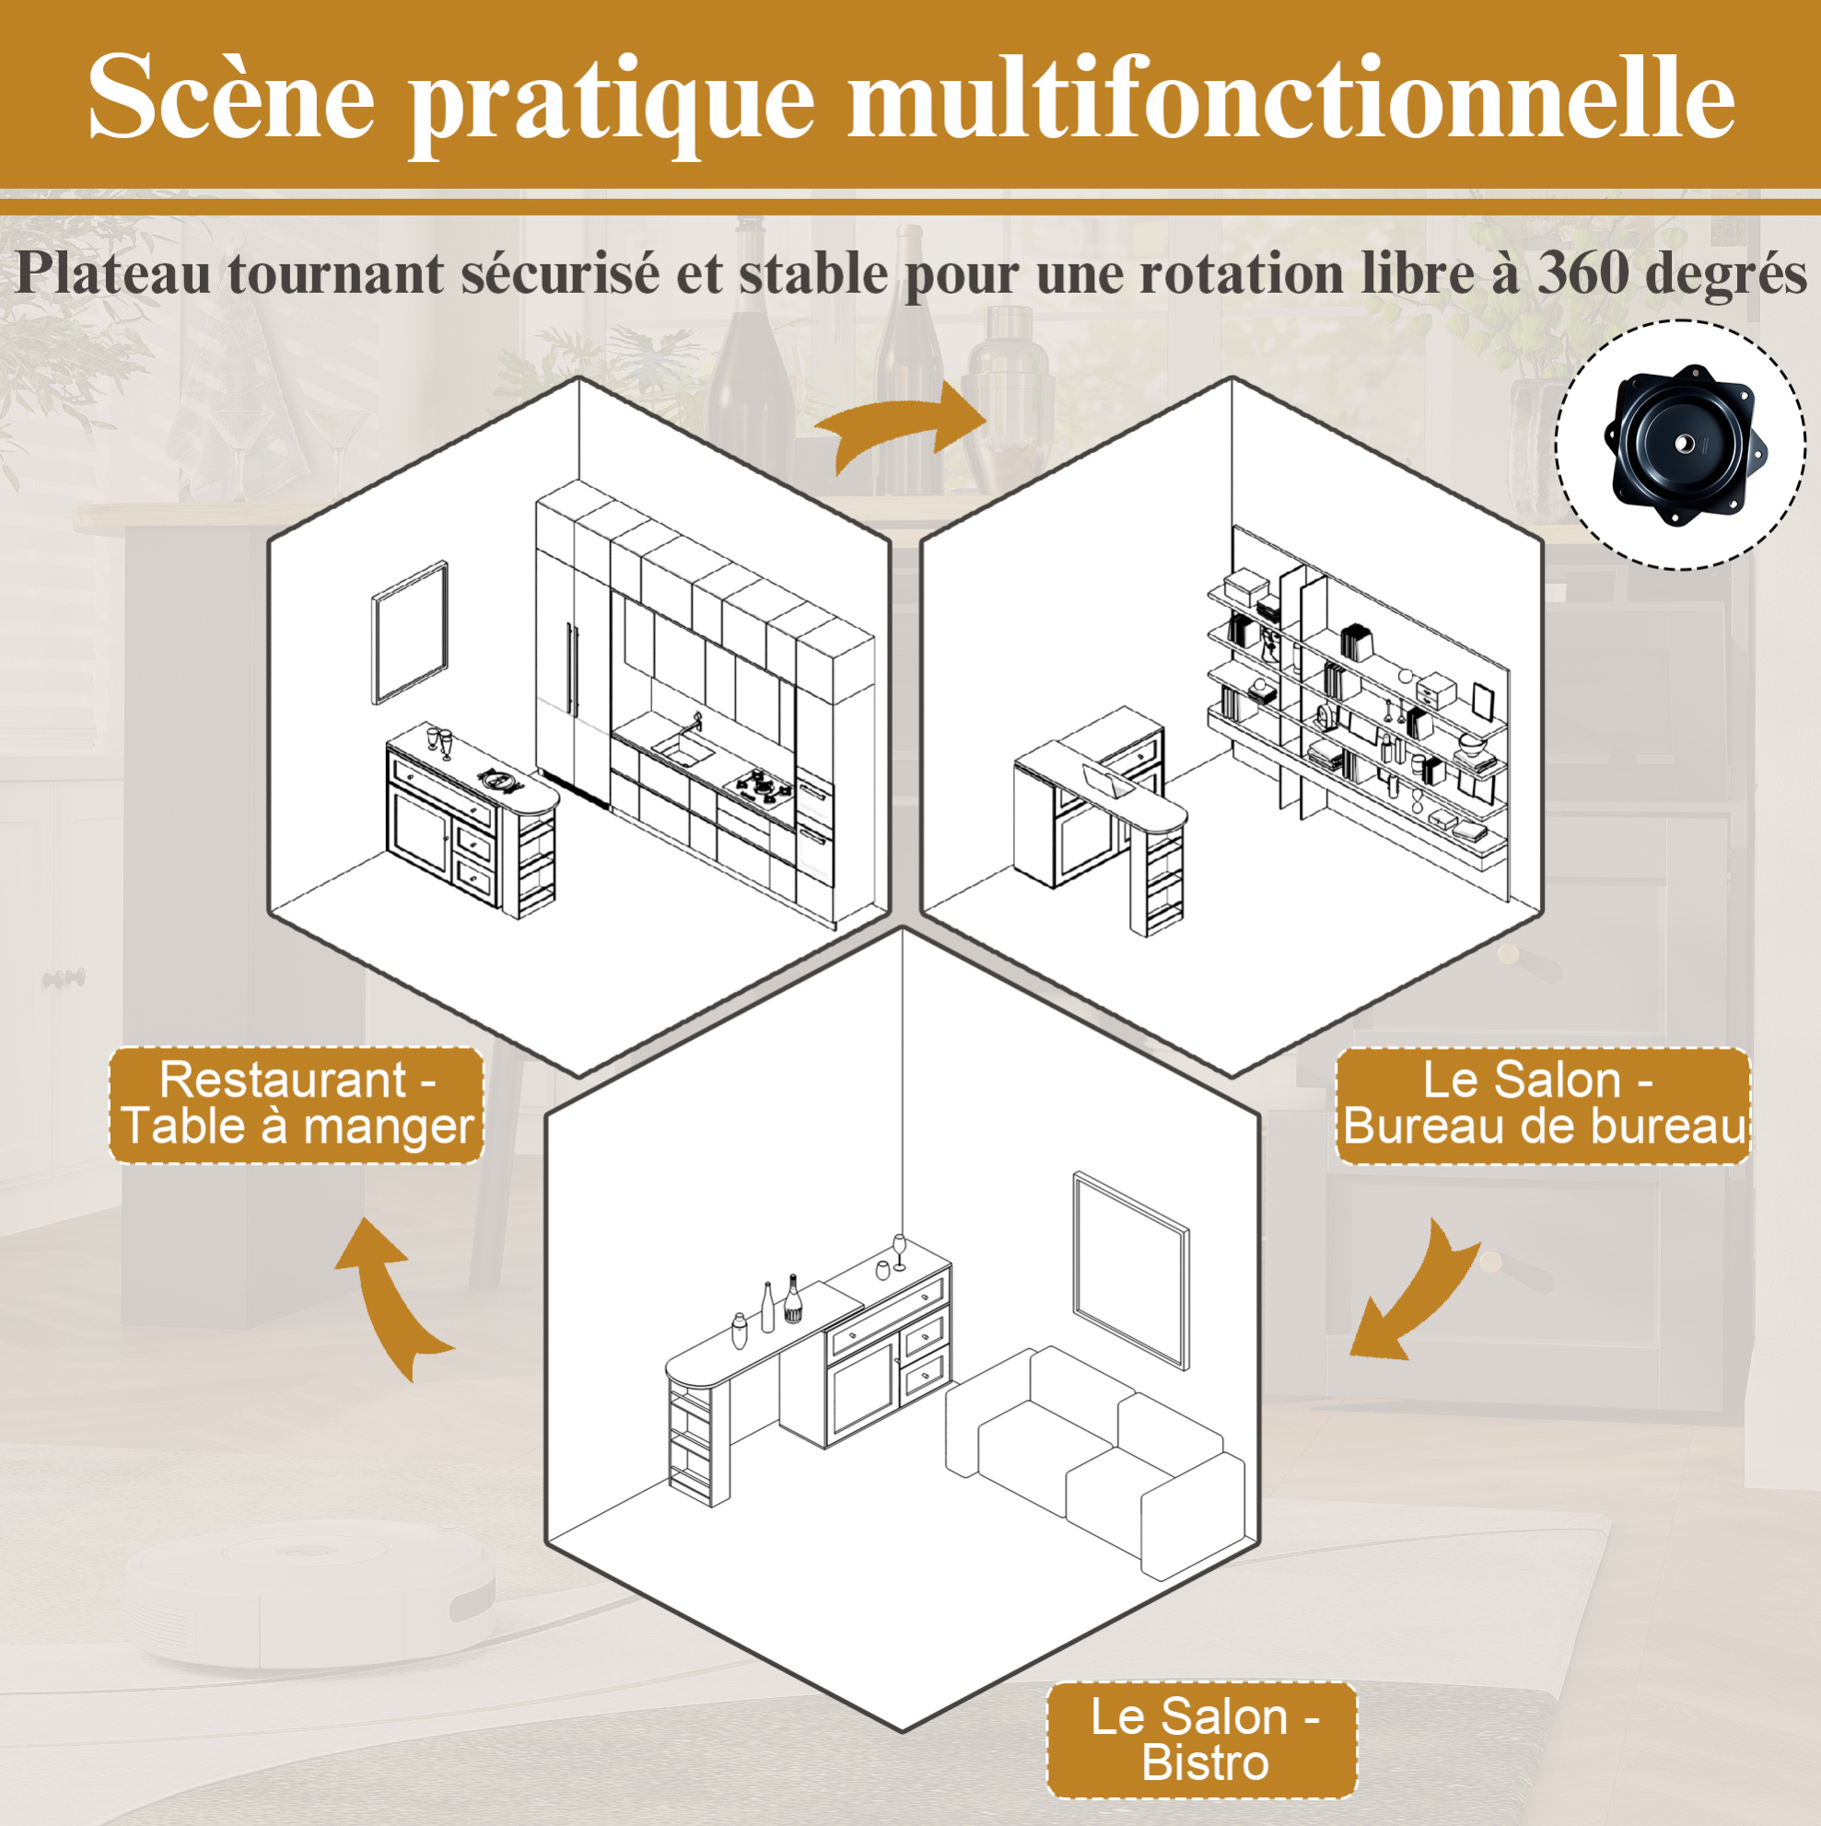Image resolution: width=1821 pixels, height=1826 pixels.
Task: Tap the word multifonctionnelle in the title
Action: click(x=1291, y=97)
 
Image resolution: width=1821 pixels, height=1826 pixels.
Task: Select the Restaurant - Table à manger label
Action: click(x=297, y=1104)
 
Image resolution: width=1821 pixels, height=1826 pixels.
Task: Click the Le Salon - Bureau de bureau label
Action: click(x=1543, y=1104)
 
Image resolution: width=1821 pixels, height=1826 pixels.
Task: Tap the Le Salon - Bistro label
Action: click(x=1203, y=1739)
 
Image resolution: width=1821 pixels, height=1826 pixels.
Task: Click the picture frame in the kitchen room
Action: click(x=409, y=634)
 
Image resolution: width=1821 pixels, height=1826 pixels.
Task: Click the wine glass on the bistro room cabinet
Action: click(x=899, y=1251)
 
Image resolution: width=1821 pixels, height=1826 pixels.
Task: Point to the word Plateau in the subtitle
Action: click(x=113, y=274)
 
